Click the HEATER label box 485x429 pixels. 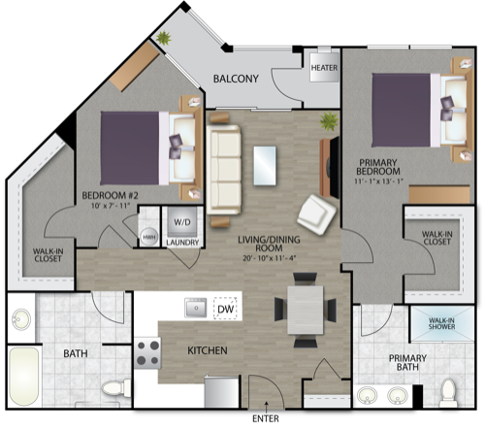324,67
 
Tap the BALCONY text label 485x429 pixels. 236,79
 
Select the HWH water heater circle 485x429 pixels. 149,237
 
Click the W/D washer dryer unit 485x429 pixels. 182,222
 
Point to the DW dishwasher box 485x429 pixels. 225,309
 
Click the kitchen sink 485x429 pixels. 196,308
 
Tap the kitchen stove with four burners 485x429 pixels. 147,353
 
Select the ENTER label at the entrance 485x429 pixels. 266,418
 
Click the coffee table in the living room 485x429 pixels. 265,166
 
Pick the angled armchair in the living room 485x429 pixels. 317,214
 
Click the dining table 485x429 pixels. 306,310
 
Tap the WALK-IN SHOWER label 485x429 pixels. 441,323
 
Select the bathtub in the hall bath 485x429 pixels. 24,377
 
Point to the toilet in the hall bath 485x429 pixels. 116,388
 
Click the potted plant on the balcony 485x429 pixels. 164,38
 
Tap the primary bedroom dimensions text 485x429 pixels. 378,181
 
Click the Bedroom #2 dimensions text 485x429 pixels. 111,206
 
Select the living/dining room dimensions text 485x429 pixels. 270,258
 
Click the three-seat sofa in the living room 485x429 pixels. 224,170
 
